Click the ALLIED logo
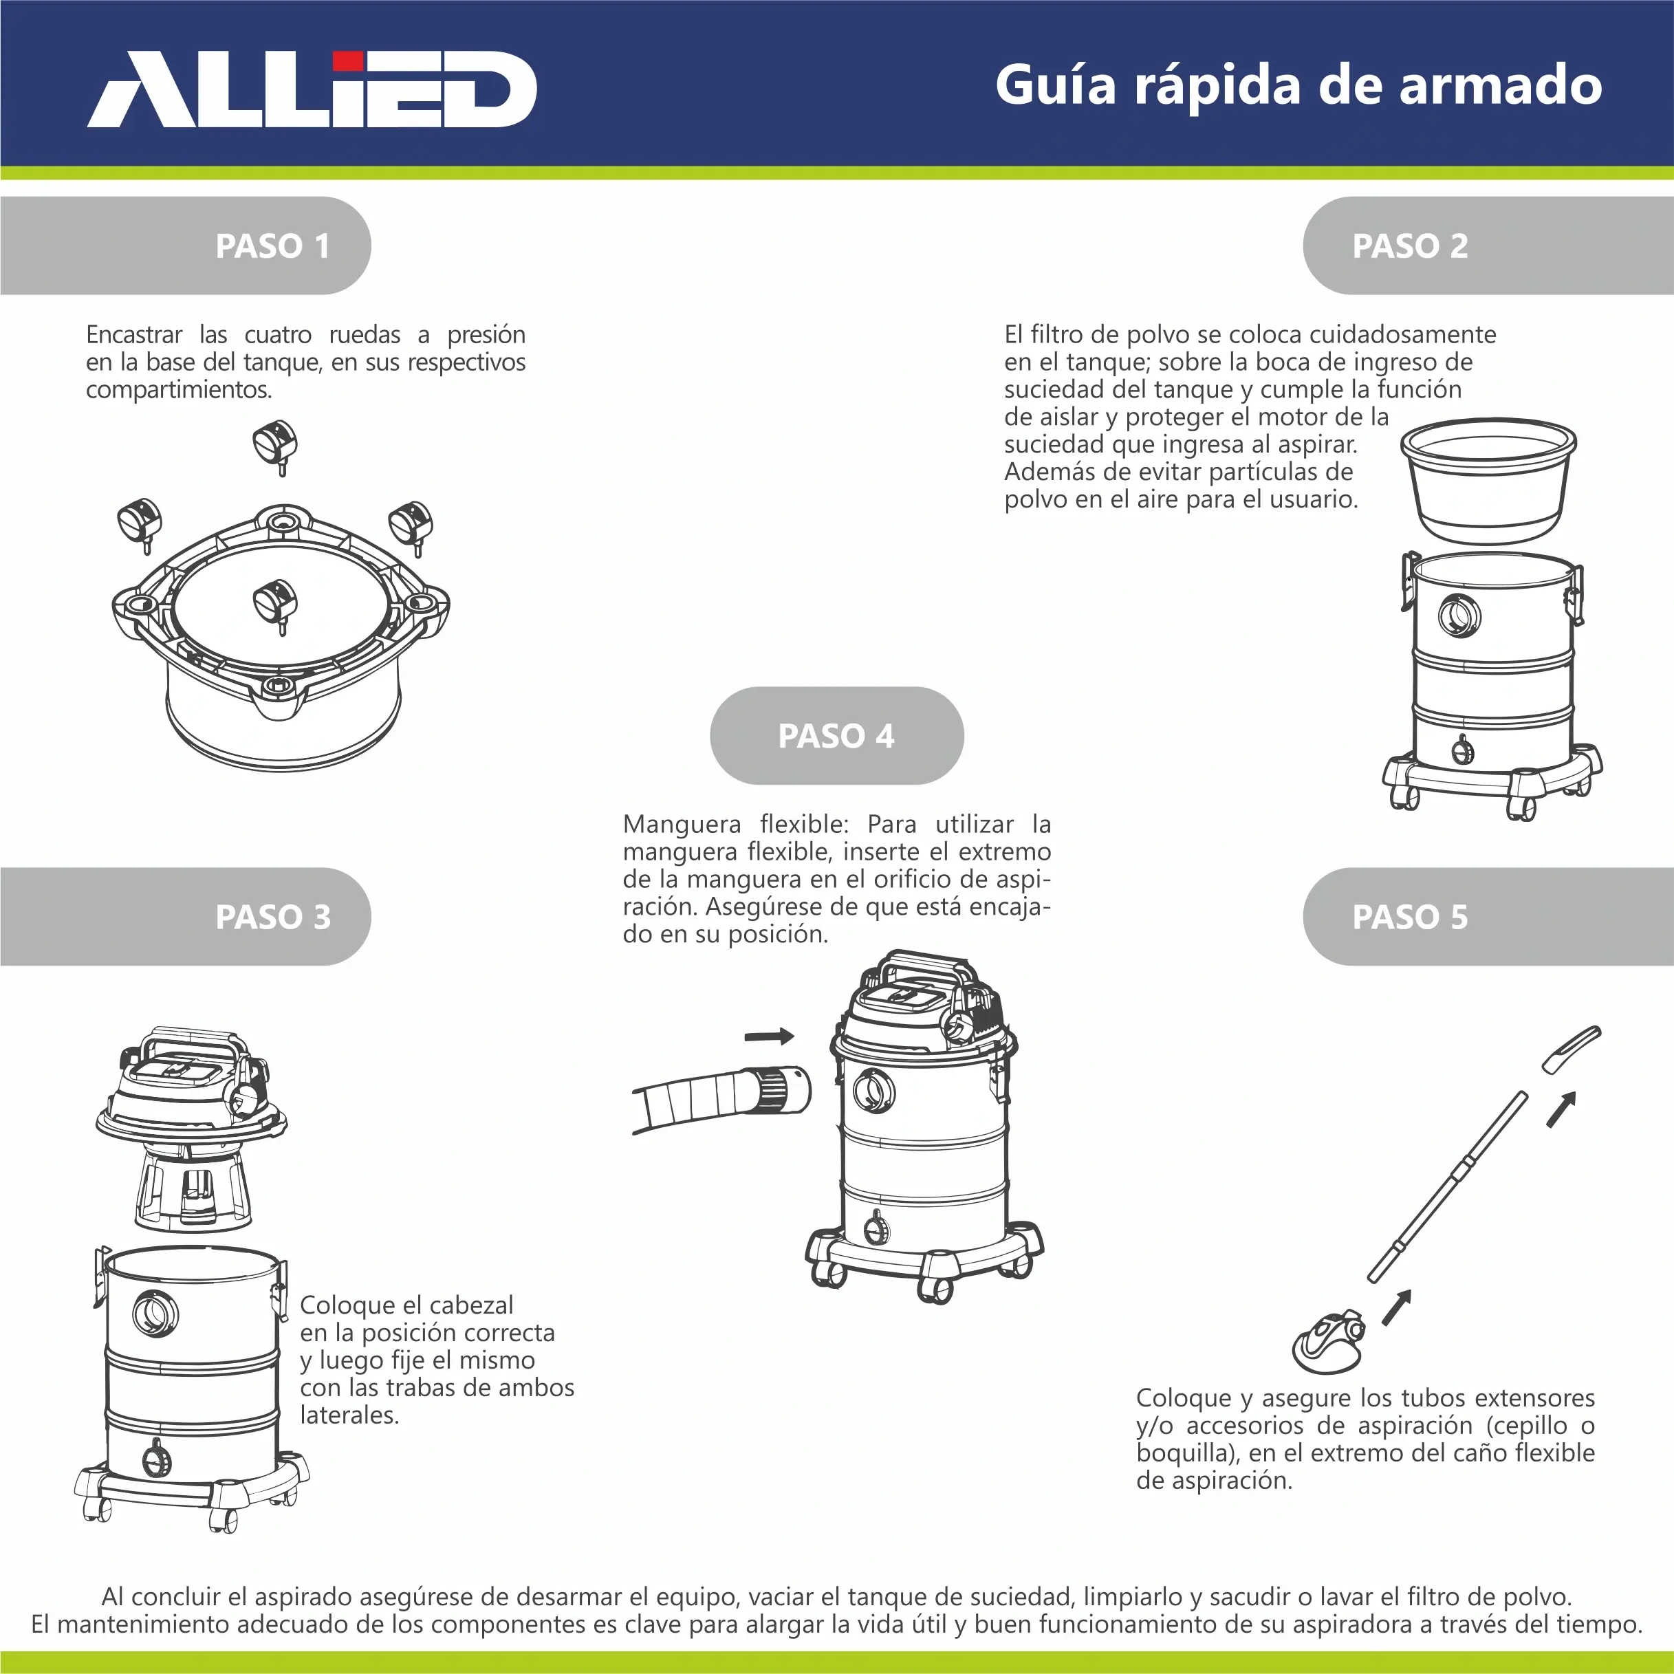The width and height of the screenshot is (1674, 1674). tap(312, 89)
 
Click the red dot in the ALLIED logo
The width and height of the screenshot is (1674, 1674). tap(347, 61)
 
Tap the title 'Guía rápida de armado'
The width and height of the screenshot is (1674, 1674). tap(1298, 86)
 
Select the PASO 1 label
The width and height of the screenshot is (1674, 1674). tap(273, 246)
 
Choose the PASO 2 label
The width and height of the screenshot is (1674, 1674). tap(1410, 246)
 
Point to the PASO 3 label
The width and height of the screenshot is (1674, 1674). tap(273, 917)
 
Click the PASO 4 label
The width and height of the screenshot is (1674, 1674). tap(836, 736)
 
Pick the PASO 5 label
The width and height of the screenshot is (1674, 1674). tap(1410, 917)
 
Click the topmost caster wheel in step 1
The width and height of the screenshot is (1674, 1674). tap(276, 446)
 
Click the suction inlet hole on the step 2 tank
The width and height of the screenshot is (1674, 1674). tap(1460, 615)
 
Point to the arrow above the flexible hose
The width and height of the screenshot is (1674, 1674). tap(770, 1036)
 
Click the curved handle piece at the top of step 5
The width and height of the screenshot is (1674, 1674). tap(1571, 1048)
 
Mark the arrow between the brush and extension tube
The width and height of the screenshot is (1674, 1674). tap(1397, 1307)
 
